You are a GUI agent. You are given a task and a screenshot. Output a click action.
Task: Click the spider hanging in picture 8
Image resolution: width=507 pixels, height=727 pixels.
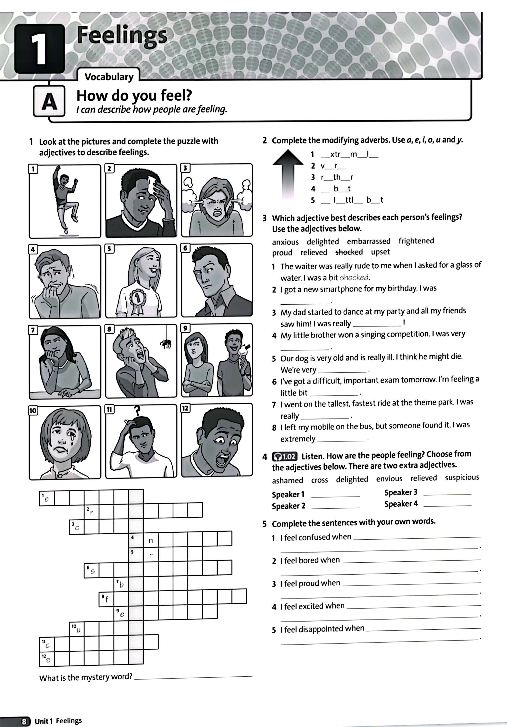[x=166, y=343]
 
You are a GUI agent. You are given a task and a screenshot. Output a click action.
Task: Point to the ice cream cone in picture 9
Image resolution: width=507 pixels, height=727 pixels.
[x=246, y=350]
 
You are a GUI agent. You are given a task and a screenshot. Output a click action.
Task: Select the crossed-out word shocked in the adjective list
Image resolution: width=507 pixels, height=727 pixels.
[x=349, y=252]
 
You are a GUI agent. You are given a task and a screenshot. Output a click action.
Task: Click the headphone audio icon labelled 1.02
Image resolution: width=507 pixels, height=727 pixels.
[x=284, y=457]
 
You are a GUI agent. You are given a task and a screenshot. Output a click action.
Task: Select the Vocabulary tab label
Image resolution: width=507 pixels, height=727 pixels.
[x=109, y=77]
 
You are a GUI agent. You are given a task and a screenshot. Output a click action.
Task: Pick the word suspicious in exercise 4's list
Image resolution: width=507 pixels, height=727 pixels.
[x=462, y=477]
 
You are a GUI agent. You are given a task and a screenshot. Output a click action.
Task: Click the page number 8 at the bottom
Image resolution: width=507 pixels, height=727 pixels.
[x=24, y=721]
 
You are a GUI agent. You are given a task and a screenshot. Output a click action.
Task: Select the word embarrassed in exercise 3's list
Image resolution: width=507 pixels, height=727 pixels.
[x=369, y=241]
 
